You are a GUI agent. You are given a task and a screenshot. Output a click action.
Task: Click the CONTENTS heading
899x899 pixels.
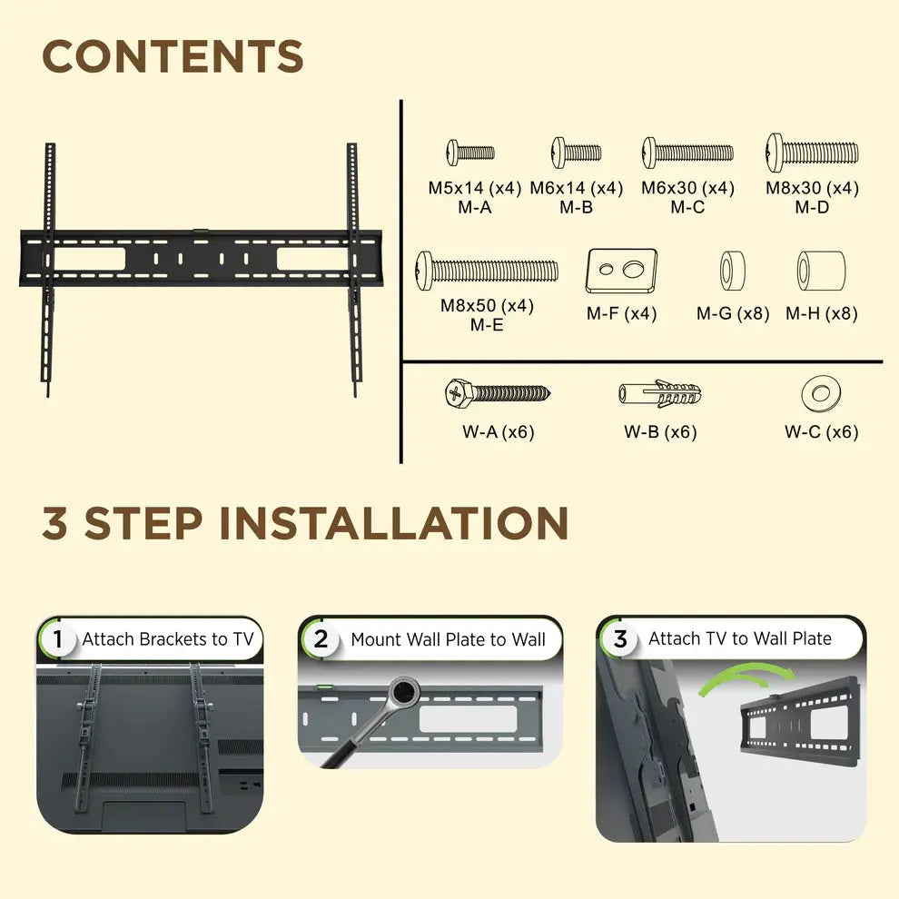(x=173, y=57)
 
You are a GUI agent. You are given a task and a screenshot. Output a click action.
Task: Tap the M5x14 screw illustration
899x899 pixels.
(x=469, y=152)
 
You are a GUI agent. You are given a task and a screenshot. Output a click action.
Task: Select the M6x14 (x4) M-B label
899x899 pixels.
(x=576, y=198)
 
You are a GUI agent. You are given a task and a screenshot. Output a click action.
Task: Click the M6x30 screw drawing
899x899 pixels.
(x=687, y=152)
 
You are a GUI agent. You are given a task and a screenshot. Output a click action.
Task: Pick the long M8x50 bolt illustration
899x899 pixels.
(x=487, y=271)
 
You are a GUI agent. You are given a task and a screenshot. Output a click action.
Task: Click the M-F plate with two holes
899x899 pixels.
(x=621, y=270)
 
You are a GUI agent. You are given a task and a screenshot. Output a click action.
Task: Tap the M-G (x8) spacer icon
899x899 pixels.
(x=733, y=271)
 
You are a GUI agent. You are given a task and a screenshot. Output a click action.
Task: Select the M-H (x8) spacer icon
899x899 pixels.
(x=821, y=271)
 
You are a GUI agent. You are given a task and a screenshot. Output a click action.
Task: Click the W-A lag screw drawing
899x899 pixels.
(x=497, y=393)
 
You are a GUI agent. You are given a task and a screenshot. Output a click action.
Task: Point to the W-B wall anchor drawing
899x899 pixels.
(x=660, y=394)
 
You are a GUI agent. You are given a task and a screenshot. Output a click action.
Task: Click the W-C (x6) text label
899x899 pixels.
(x=821, y=432)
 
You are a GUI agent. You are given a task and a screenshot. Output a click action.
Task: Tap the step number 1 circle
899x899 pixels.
(x=58, y=639)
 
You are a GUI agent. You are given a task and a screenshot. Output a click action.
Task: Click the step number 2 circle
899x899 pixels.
(x=321, y=639)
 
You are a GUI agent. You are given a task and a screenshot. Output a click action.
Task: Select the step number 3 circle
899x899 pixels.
(x=619, y=639)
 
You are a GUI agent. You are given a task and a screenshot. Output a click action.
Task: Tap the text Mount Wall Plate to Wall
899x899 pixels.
(x=448, y=639)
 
